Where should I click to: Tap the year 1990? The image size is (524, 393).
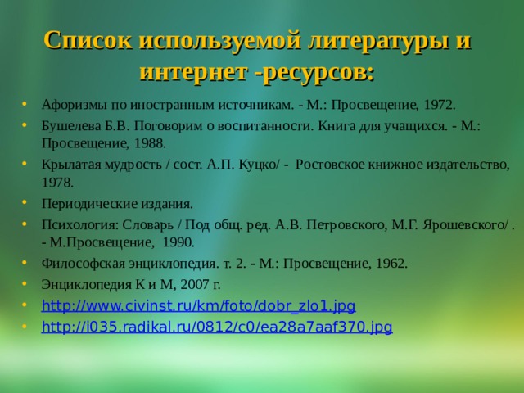click(176, 242)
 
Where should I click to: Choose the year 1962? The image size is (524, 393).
click(389, 264)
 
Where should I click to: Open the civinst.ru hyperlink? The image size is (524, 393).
click(198, 306)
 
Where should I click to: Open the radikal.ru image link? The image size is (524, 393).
click(216, 327)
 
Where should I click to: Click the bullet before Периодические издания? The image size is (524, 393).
click(29, 203)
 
